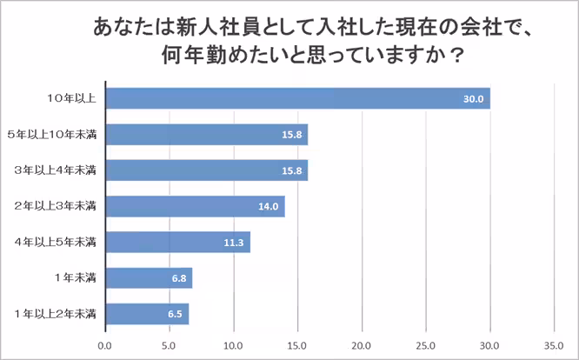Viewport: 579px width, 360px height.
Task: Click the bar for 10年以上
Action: (297, 98)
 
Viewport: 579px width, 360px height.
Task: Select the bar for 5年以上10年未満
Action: (207, 134)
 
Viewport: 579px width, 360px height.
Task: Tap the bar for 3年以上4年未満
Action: (207, 170)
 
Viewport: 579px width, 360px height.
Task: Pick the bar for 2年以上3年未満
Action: (195, 206)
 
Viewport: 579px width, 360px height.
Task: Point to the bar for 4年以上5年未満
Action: (177, 242)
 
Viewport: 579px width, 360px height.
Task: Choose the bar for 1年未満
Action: (149, 277)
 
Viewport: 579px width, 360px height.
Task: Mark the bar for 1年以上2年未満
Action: (147, 313)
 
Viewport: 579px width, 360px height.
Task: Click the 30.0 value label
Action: (473, 99)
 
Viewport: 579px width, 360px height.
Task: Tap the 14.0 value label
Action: (268, 207)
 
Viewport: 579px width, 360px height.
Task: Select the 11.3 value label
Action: (233, 243)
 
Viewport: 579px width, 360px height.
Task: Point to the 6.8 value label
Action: (176, 278)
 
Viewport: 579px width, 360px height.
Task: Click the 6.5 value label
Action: (173, 314)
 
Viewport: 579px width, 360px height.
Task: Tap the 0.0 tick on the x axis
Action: (105, 345)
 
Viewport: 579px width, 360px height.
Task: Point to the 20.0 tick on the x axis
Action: (362, 345)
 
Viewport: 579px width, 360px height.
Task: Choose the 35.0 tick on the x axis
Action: (554, 345)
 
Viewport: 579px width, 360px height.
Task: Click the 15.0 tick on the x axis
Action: (297, 345)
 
